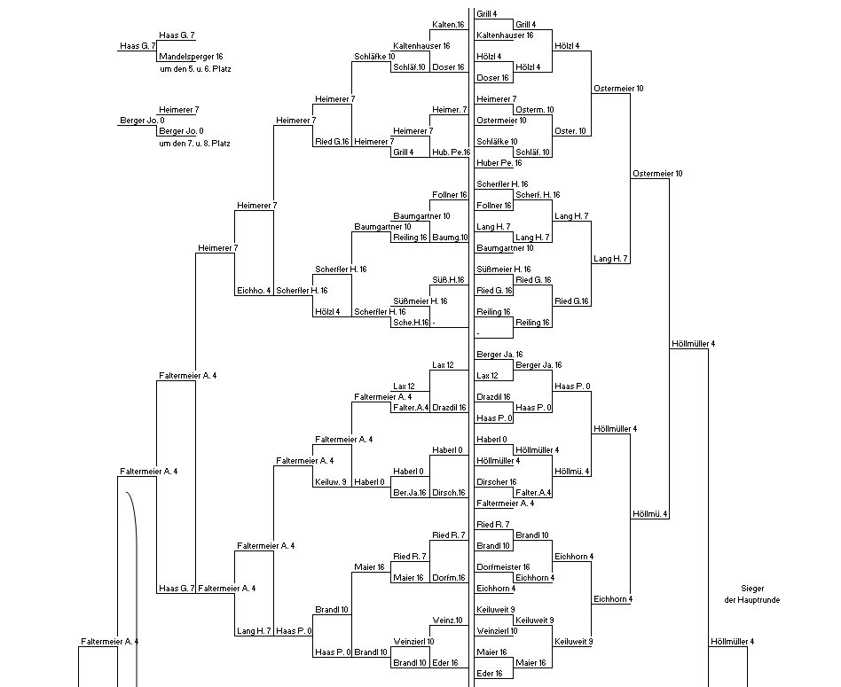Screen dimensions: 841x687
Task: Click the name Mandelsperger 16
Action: pos(191,56)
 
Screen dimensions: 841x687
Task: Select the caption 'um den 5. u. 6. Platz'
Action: pos(195,69)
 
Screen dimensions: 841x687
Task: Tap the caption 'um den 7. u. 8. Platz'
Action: pos(194,144)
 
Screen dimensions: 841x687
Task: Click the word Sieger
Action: pos(752,589)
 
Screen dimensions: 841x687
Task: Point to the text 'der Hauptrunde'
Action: pos(752,600)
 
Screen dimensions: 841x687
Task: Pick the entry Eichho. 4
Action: pos(255,291)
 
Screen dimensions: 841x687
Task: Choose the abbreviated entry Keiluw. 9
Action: pos(331,481)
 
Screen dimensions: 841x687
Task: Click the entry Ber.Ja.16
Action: pos(410,493)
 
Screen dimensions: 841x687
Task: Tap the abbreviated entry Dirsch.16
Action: pos(449,493)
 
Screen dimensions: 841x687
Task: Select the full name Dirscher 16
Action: pos(497,481)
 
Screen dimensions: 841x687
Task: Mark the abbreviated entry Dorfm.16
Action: pos(449,578)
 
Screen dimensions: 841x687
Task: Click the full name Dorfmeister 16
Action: pos(503,567)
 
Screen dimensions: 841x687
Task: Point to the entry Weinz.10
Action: pos(447,621)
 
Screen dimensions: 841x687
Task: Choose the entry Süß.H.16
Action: pos(448,280)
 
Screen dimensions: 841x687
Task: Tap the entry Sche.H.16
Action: pos(412,323)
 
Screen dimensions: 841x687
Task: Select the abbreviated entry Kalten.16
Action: pos(448,25)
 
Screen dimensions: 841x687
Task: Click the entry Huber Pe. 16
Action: pos(499,163)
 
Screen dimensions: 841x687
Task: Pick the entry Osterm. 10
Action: pos(535,110)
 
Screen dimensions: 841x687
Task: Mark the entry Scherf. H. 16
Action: pos(538,194)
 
